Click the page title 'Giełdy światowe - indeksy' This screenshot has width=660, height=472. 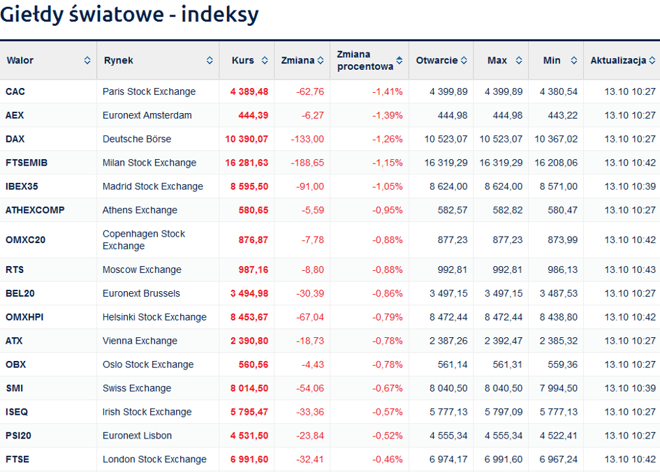pyautogui.click(x=129, y=15)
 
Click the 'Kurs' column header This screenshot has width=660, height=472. pyautogui.click(x=243, y=61)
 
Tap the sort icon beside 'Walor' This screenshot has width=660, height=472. pyautogui.click(x=87, y=61)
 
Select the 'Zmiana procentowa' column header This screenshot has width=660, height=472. pyautogui.click(x=363, y=61)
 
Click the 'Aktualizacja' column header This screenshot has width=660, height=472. pyautogui.click(x=618, y=61)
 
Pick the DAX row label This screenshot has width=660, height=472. pyautogui.click(x=15, y=139)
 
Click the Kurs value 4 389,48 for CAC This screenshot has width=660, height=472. pyautogui.click(x=249, y=91)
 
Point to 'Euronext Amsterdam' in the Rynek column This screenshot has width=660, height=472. pyautogui.click(x=147, y=115)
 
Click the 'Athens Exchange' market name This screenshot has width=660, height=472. pyautogui.click(x=140, y=210)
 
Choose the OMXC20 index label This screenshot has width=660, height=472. pyautogui.click(x=25, y=239)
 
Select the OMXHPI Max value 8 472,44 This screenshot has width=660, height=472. pyautogui.click(x=504, y=317)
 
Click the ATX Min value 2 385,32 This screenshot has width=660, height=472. pyautogui.click(x=559, y=341)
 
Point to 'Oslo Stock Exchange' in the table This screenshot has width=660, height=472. pyautogui.click(x=148, y=364)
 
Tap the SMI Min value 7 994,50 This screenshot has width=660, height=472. pyautogui.click(x=559, y=388)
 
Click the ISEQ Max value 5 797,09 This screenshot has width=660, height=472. pyautogui.click(x=504, y=412)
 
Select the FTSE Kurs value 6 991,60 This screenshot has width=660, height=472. pyautogui.click(x=249, y=459)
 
